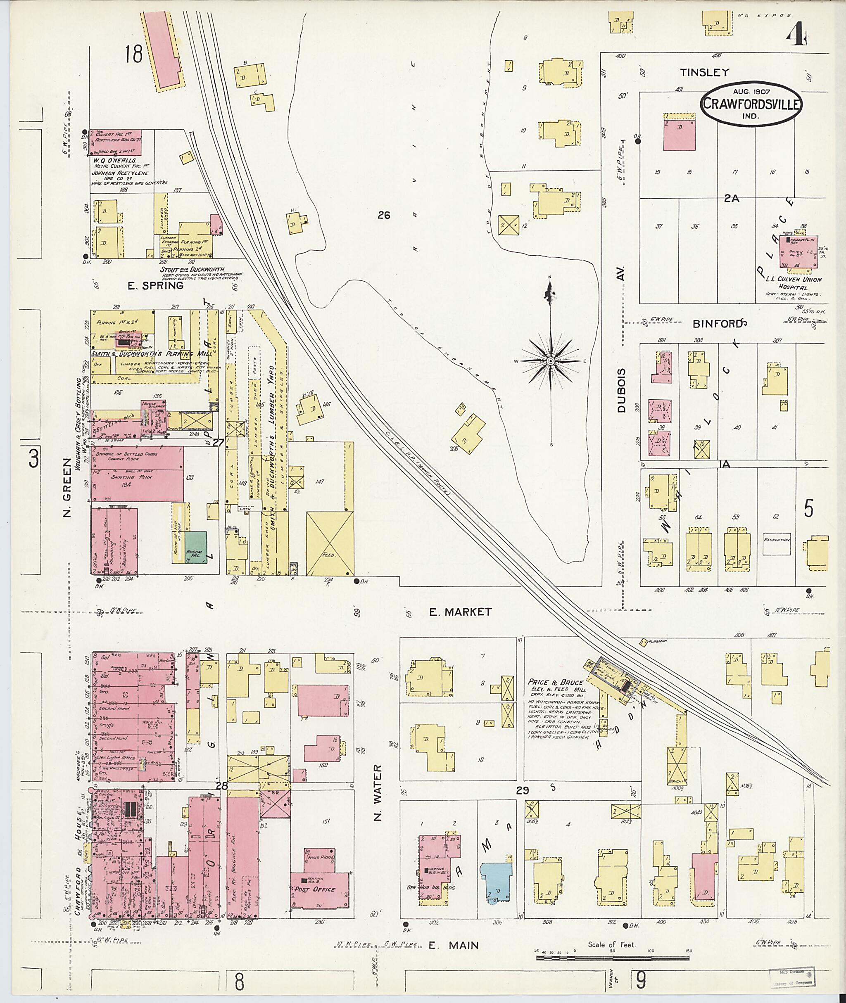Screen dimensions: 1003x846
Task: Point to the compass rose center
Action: click(551, 360)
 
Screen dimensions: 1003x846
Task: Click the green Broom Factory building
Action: click(196, 545)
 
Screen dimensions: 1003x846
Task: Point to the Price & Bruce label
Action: click(555, 682)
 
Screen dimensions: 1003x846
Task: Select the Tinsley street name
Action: click(704, 72)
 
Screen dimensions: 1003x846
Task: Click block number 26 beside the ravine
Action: click(384, 215)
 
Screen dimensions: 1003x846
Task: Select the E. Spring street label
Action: click(155, 286)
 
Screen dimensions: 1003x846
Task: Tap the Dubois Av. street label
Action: click(622, 390)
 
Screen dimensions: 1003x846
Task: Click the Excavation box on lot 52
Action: click(777, 545)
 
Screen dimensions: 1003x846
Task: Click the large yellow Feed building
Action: click(330, 543)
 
